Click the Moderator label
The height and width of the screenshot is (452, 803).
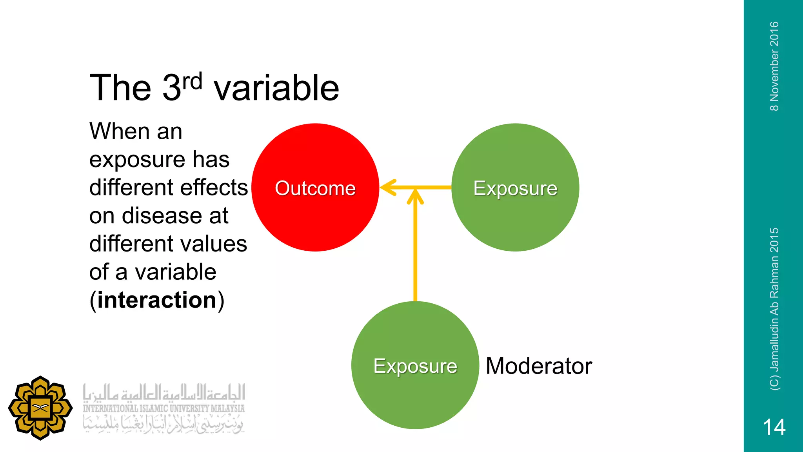pyautogui.click(x=539, y=366)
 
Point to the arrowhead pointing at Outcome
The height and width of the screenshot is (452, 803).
pyautogui.click(x=386, y=188)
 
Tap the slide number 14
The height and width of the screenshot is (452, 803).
pyautogui.click(x=774, y=427)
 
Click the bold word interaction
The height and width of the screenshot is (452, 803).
pyautogui.click(x=157, y=300)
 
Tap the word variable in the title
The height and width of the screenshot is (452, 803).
pyautogui.click(x=276, y=88)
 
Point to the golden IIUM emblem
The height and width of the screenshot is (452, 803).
pyautogui.click(x=40, y=408)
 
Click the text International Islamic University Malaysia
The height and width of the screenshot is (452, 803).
pyautogui.click(x=164, y=408)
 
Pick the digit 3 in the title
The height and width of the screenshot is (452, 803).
pyautogui.click(x=171, y=88)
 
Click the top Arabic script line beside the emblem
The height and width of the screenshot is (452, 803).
pyautogui.click(x=164, y=393)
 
